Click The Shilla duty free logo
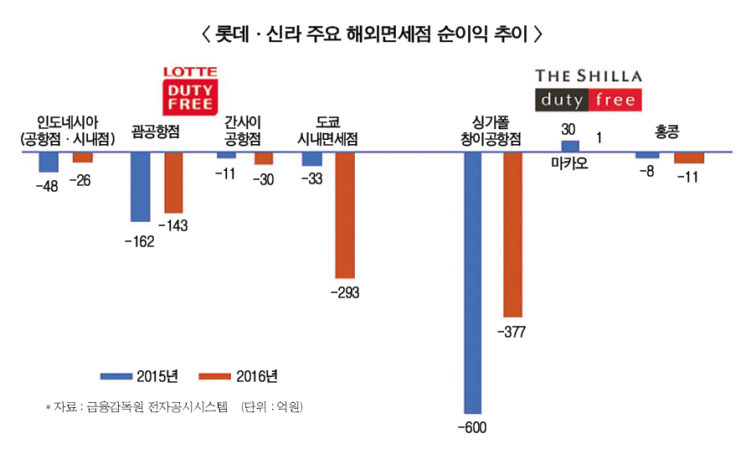coord(589,89)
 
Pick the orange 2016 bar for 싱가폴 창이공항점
coord(512,234)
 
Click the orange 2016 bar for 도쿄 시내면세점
coord(345,215)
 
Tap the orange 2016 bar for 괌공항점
coord(172,183)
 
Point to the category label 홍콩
coord(667,132)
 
